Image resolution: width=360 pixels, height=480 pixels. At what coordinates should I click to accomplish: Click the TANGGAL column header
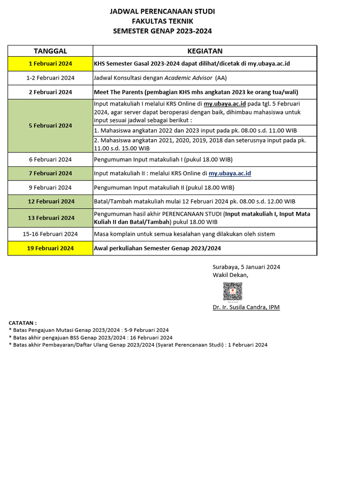(50, 51)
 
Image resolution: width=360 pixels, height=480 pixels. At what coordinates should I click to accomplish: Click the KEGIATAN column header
(205, 51)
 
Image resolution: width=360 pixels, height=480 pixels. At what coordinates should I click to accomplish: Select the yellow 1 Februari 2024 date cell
(50, 64)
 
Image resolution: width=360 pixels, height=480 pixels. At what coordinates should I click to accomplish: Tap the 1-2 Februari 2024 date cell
(50, 78)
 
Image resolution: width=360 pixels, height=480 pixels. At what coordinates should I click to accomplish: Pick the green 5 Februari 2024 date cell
(50, 126)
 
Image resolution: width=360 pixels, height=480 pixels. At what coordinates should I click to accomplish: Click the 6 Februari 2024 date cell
(50, 159)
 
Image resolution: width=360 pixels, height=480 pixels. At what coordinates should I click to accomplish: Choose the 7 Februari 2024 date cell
(50, 173)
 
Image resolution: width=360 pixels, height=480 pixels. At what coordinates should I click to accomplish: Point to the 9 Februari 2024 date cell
(50, 187)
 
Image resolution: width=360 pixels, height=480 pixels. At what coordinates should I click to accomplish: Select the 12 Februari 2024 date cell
(50, 202)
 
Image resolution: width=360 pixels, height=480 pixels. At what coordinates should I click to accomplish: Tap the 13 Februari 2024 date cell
(50, 218)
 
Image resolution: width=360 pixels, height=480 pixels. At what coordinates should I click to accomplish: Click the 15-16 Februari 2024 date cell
(50, 234)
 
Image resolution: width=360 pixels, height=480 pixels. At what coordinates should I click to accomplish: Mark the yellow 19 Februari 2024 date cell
(50, 248)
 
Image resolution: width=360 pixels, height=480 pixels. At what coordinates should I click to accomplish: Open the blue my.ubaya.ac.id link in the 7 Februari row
(230, 173)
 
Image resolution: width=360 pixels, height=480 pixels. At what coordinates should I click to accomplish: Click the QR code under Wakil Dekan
(232, 292)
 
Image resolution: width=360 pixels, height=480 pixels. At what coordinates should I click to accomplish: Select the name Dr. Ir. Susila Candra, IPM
(246, 307)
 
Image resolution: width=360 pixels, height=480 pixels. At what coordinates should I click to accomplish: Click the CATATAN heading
(22, 323)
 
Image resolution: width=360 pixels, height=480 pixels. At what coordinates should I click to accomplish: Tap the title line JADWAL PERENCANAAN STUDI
(162, 11)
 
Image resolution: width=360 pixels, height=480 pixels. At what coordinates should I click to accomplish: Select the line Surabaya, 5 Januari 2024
(246, 267)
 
